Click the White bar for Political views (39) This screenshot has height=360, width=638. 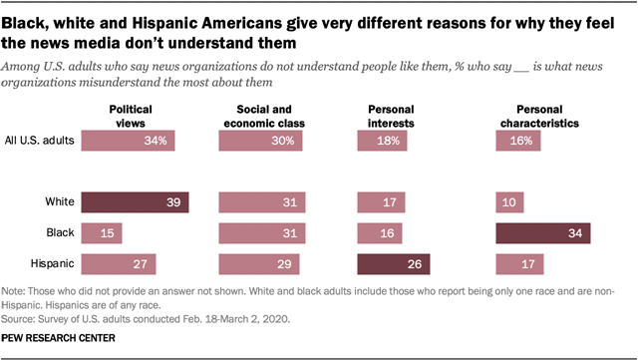tap(135, 203)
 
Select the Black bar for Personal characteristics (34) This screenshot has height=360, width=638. tap(543, 233)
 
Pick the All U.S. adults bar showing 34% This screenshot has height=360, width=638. tap(129, 142)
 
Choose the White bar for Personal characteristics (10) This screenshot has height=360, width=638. tap(509, 203)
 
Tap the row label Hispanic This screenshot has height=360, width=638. tap(53, 263)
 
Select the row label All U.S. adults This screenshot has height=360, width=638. tap(40, 142)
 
